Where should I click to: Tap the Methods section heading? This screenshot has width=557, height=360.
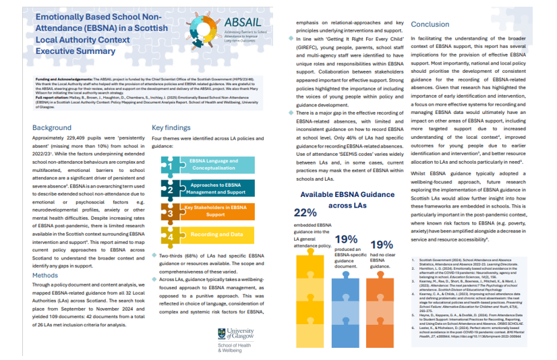coord(47,276)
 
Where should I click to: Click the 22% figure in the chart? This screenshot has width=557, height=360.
coord(305,212)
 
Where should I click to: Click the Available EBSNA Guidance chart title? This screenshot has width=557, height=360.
coord(345,199)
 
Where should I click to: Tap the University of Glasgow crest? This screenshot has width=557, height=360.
coord(223,333)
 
